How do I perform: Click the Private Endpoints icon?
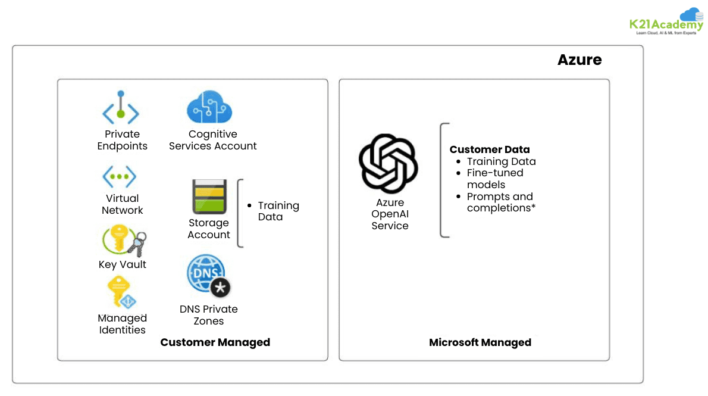pos(121,108)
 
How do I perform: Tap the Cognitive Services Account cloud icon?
pos(209,107)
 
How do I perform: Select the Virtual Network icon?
pos(120,177)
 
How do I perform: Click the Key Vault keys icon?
pos(124,241)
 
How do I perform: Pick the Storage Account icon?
pos(209,197)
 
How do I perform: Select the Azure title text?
pos(579,60)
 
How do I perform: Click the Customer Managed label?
pos(215,342)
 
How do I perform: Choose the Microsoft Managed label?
pos(480,342)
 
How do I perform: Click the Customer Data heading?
pos(489,149)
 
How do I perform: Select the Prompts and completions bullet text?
pos(499,202)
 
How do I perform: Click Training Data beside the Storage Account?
pos(277,211)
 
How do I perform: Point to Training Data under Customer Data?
pos(501,161)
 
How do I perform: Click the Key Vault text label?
pos(122,264)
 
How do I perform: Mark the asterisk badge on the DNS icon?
pos(221,288)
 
